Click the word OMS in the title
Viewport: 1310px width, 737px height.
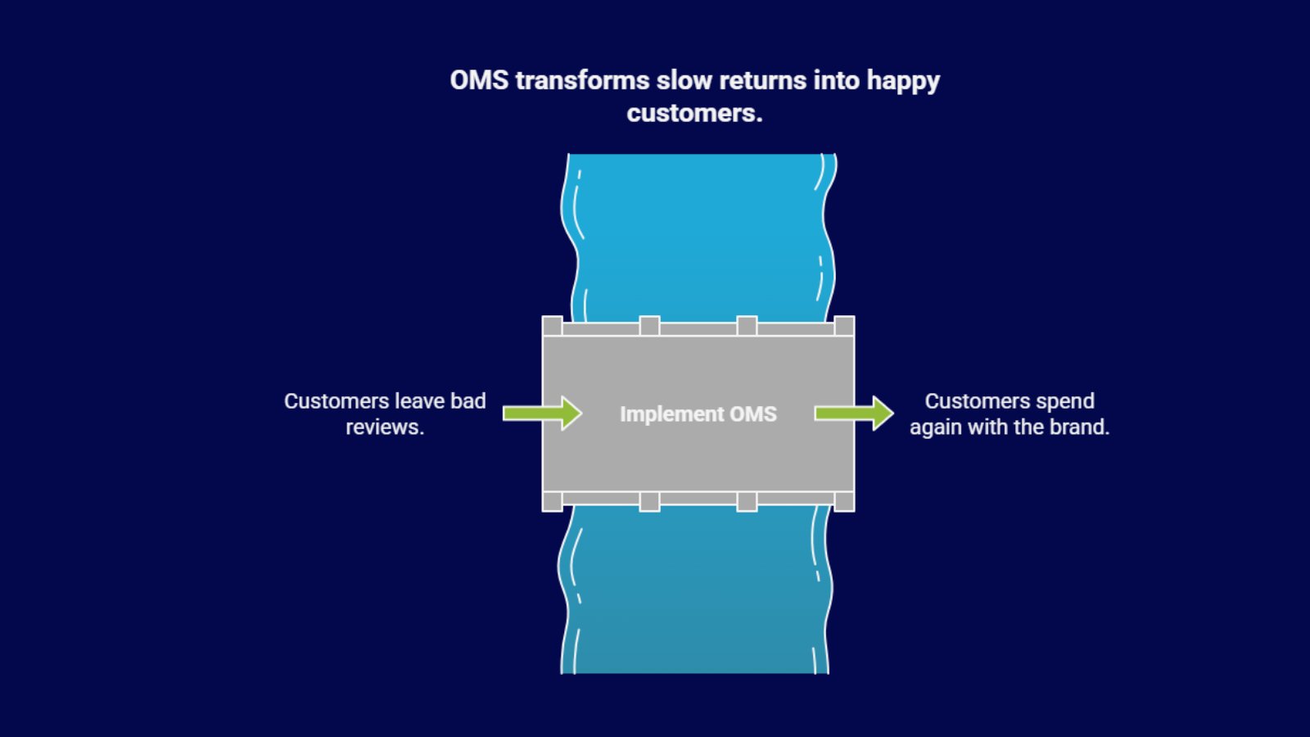[x=479, y=80]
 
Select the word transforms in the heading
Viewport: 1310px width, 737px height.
[x=582, y=80]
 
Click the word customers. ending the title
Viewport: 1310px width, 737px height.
[x=694, y=113]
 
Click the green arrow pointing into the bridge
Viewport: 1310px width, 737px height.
[x=542, y=413]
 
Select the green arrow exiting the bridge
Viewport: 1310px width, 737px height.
[x=853, y=413]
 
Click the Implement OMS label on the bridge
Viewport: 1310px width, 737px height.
[x=698, y=414]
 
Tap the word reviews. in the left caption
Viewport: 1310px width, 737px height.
[x=385, y=427]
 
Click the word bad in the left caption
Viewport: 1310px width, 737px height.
[x=468, y=401]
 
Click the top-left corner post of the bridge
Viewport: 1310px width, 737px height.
[x=553, y=326]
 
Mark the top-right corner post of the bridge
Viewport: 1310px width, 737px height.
[x=844, y=326]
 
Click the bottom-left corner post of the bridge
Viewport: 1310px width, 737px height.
[x=553, y=501]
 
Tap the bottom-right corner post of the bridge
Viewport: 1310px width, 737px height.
[x=844, y=501]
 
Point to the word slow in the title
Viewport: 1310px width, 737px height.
[x=684, y=80]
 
